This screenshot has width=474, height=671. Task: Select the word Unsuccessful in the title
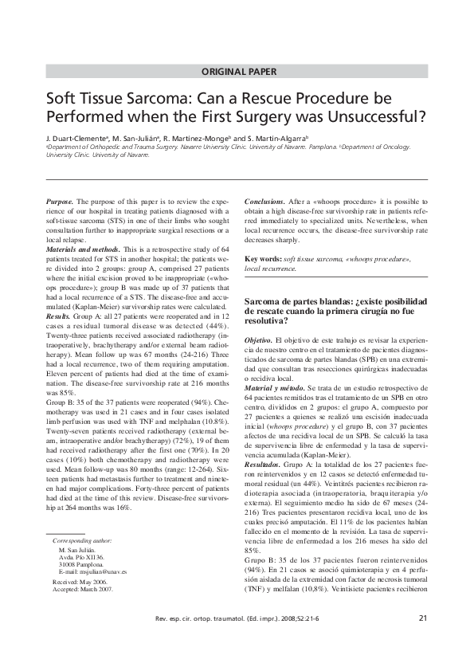pos(374,120)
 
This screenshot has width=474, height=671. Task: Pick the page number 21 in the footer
pos(422,640)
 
